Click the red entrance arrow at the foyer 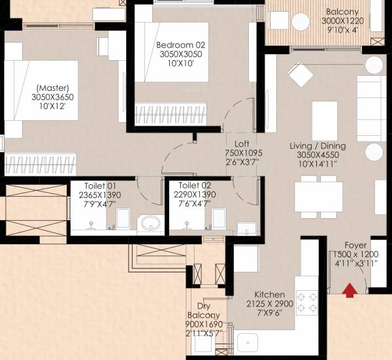click(350, 289)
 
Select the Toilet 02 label click(193, 185)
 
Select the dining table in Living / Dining click(318, 196)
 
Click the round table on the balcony click(301, 22)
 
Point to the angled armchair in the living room click(301, 73)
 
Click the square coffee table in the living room click(325, 114)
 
